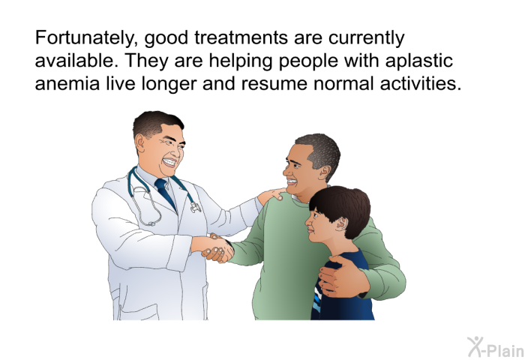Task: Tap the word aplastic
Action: (x=418, y=61)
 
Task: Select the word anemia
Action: (x=67, y=83)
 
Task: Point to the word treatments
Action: (x=241, y=37)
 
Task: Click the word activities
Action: (x=421, y=83)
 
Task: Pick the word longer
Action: (x=169, y=84)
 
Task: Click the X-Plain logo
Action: (x=496, y=346)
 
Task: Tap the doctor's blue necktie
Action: (x=166, y=192)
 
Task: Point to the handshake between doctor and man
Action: (x=217, y=247)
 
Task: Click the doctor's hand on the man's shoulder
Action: (x=271, y=196)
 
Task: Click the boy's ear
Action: (x=340, y=223)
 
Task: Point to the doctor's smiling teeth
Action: (x=169, y=163)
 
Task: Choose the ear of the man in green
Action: (x=324, y=172)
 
